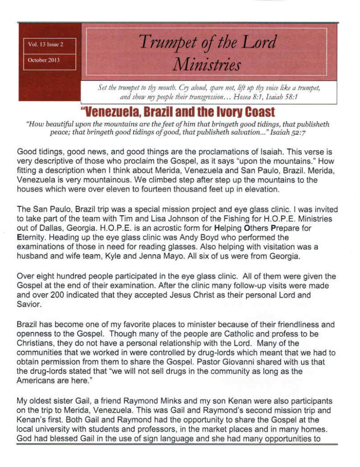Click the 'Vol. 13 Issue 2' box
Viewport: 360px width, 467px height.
coord(49,45)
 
